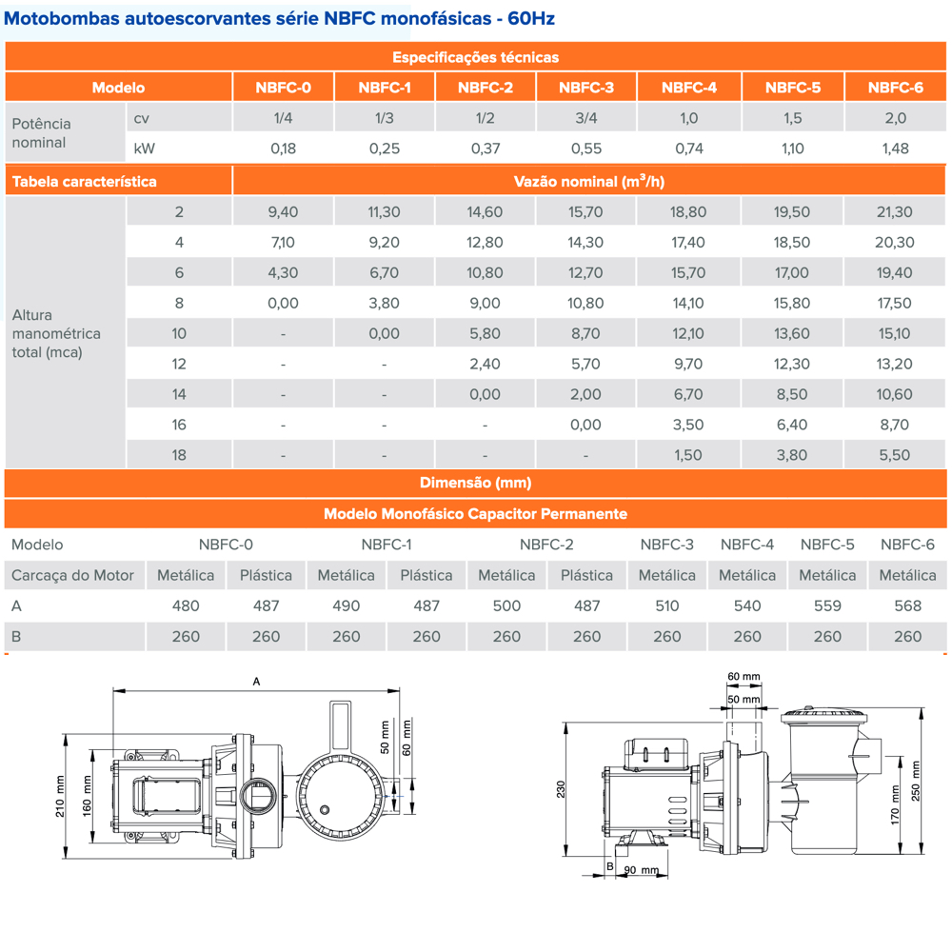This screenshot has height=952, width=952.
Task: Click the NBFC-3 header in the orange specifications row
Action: pyautogui.click(x=586, y=89)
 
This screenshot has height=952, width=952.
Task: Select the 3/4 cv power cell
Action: pyautogui.click(x=586, y=118)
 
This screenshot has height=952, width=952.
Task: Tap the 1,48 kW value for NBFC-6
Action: pyautogui.click(x=895, y=149)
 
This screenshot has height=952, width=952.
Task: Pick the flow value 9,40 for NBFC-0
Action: pyautogui.click(x=283, y=212)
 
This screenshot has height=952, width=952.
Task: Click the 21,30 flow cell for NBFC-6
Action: pyautogui.click(x=895, y=212)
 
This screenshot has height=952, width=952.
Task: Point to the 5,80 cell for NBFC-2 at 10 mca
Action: pyautogui.click(x=486, y=334)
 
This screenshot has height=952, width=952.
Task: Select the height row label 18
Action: pyautogui.click(x=179, y=455)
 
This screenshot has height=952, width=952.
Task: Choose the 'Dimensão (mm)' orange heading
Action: pyautogui.click(x=476, y=484)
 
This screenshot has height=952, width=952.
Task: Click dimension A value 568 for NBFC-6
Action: pyautogui.click(x=907, y=606)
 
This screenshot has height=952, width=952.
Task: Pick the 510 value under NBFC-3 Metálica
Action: pyautogui.click(x=666, y=606)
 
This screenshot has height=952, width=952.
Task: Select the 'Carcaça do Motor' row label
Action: pyautogui.click(x=73, y=576)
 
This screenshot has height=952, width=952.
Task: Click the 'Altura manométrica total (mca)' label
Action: pyautogui.click(x=56, y=334)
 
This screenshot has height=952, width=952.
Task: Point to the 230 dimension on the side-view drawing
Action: pyautogui.click(x=562, y=790)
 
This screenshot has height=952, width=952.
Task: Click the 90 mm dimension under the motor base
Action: pyautogui.click(x=643, y=870)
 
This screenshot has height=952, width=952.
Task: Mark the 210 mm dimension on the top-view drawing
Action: pyautogui.click(x=60, y=796)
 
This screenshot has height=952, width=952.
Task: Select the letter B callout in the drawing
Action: pyautogui.click(x=609, y=865)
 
